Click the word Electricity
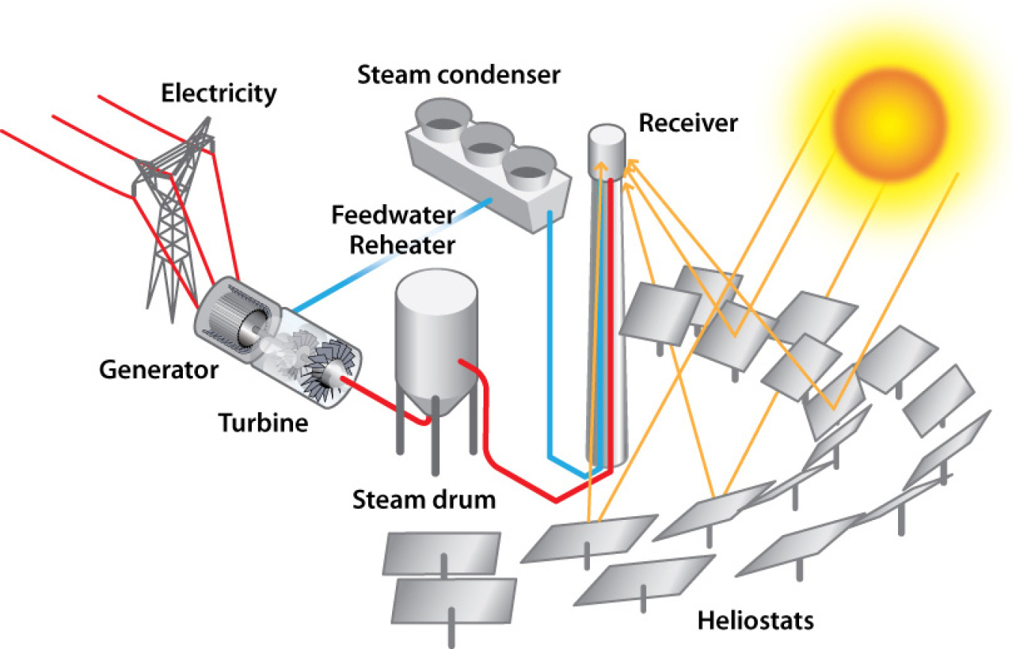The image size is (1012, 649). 220,95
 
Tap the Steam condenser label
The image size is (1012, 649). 459,75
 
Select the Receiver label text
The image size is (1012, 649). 687,122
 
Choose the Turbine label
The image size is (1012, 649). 263,423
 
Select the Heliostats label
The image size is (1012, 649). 755,620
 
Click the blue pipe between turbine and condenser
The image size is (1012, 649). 390,254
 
